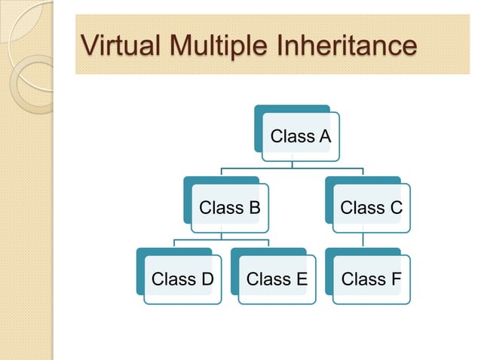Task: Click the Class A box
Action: tap(301, 136)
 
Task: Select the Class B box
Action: tap(230, 207)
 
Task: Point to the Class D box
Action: tap(183, 279)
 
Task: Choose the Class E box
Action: tap(277, 279)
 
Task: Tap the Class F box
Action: tap(372, 279)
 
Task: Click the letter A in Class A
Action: tap(324, 136)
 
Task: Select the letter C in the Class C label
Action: tap(396, 207)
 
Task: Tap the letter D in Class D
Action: tap(207, 279)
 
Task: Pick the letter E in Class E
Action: tap(301, 279)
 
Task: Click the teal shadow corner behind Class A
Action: tap(259, 110)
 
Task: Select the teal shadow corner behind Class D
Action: tap(141, 253)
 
